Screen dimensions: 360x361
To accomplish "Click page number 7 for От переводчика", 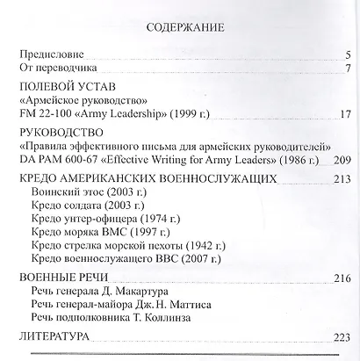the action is click(348, 69).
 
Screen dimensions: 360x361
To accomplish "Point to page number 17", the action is click(344, 114).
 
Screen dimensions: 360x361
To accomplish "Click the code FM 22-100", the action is click(44, 114).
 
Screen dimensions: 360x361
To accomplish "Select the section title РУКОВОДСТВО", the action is click(59, 133).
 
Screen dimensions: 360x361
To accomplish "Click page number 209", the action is click(342, 159).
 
